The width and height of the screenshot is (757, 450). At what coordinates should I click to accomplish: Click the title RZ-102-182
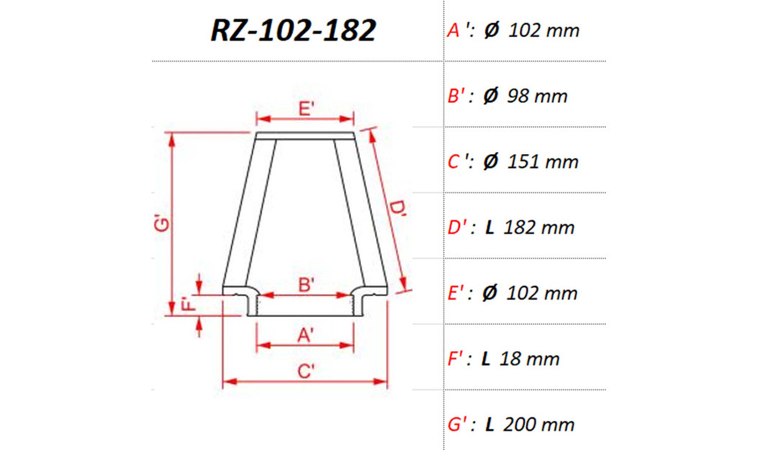point(293,30)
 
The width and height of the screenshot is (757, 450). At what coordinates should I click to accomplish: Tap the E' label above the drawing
point(305,109)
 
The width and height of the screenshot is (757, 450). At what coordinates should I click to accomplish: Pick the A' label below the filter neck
point(305,335)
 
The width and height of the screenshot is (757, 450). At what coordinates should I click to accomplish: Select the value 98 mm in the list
point(537,96)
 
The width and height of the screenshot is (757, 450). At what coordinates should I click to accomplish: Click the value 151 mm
point(543,162)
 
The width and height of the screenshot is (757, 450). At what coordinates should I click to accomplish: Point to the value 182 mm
point(539,228)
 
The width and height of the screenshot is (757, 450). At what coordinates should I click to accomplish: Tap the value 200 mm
point(539,424)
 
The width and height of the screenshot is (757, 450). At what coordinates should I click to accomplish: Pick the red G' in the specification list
point(460,424)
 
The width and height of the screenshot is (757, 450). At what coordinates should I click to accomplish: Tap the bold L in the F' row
point(486,359)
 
